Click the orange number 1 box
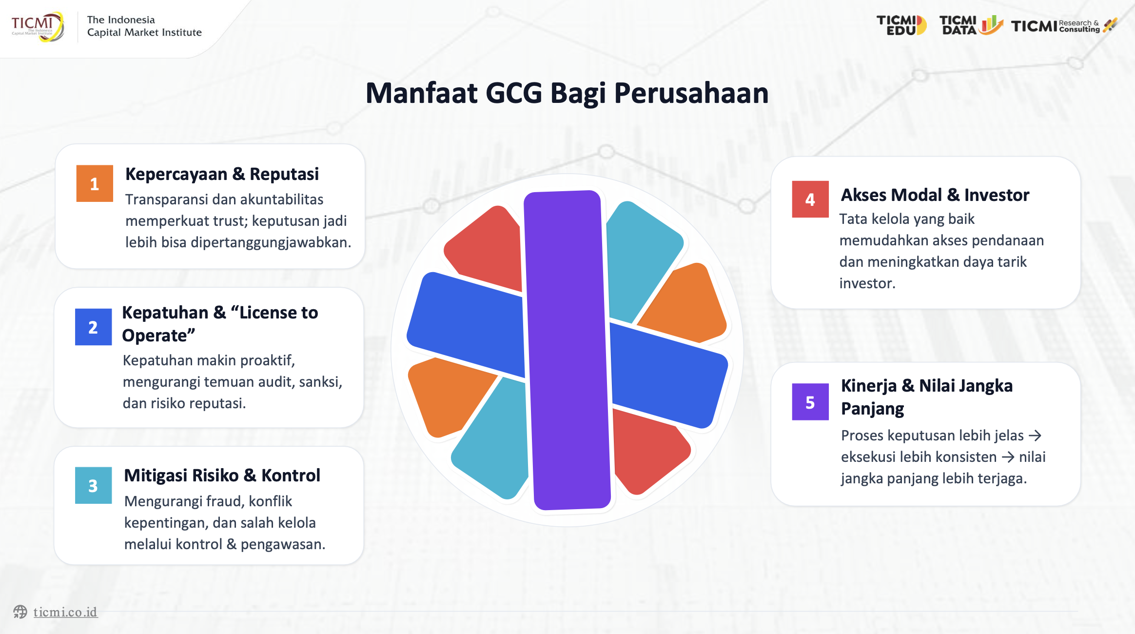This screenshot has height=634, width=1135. [95, 183]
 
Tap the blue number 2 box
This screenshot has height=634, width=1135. [93, 327]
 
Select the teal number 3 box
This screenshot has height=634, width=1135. [93, 485]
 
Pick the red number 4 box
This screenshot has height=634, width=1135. [810, 199]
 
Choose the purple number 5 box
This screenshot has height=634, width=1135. [810, 402]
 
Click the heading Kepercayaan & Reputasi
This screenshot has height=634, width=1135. [222, 174]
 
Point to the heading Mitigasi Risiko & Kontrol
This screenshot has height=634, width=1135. [222, 475]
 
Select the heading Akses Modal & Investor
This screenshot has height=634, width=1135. [935, 195]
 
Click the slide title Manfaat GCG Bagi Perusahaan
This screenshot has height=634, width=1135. [567, 93]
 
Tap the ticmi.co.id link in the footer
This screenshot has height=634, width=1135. [65, 612]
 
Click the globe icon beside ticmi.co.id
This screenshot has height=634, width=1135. [20, 612]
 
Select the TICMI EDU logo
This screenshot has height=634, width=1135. [901, 25]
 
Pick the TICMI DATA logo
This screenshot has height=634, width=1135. [971, 25]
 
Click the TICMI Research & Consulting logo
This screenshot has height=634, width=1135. [1063, 25]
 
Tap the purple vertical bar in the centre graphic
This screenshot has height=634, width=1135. [567, 350]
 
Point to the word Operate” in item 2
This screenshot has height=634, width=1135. [158, 336]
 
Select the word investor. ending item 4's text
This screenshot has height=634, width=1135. [867, 283]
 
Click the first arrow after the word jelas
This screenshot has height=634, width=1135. [1035, 436]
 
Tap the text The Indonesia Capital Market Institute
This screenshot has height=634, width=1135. [144, 26]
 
